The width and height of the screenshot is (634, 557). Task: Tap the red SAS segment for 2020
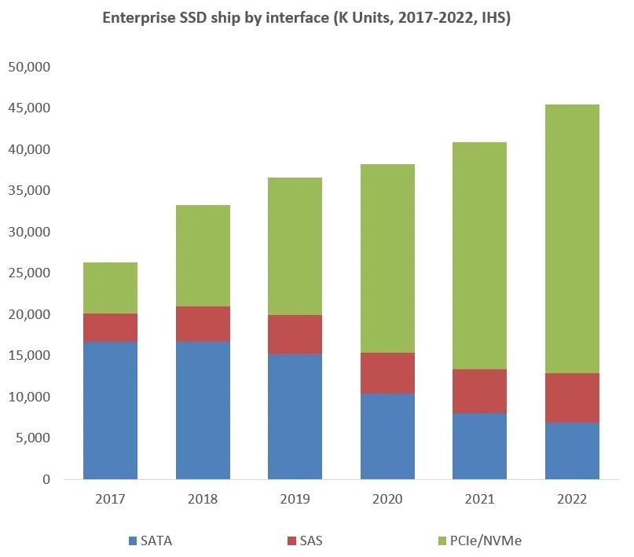click(387, 373)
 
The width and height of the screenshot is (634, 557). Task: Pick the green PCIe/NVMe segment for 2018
click(203, 255)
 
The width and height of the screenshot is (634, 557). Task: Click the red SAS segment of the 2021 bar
click(480, 391)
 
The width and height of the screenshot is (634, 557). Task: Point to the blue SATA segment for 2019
click(295, 416)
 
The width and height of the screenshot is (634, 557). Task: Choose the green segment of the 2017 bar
click(110, 288)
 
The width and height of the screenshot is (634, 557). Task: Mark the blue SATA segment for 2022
click(573, 451)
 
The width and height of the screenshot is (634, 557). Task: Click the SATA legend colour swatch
click(132, 541)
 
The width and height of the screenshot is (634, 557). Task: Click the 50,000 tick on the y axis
click(29, 67)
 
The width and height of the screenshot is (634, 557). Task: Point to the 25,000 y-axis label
click(29, 273)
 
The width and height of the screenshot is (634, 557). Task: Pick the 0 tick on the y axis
click(46, 479)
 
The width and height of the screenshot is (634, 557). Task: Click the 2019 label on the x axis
click(295, 499)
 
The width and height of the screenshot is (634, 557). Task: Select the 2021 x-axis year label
click(480, 499)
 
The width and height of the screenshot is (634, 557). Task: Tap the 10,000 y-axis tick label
click(29, 397)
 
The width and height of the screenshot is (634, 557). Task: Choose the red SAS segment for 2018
click(203, 324)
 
